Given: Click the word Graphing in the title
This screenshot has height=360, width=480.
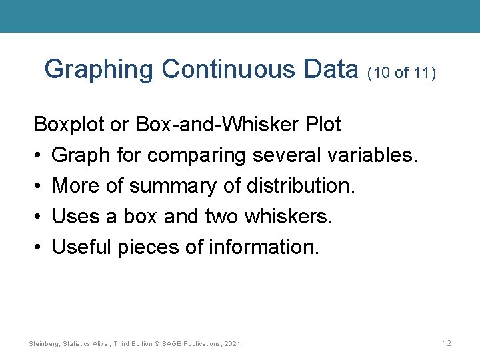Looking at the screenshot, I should [x=99, y=69].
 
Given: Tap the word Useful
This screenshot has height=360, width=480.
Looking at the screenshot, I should [x=83, y=247].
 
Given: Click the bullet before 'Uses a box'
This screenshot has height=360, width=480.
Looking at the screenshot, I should [x=39, y=217].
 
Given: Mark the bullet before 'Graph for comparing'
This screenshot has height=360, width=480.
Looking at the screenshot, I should [x=39, y=156].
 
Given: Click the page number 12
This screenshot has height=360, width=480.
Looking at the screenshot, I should [x=447, y=343].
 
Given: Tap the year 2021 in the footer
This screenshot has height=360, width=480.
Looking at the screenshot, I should [x=233, y=343].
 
